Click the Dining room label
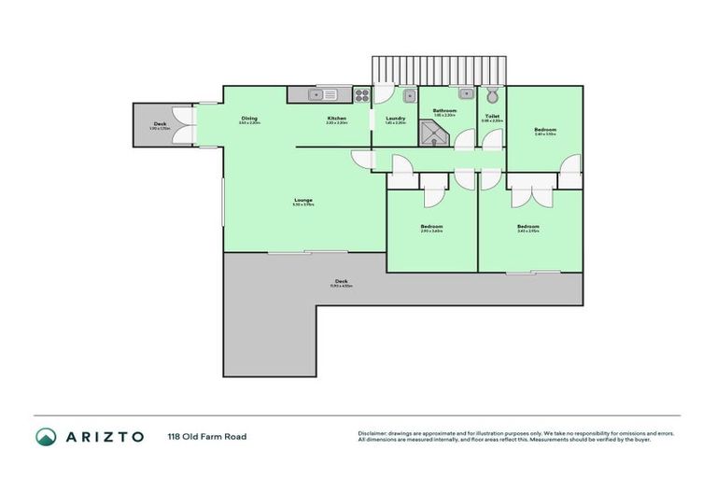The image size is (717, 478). (249, 119)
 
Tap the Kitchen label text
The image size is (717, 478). (337, 119)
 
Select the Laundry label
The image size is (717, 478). (395, 119)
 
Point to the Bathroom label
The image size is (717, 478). (444, 111)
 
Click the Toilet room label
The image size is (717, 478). (492, 117)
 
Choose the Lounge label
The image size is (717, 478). (303, 200)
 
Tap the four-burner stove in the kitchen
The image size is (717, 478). (361, 93)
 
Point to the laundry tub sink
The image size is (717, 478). (409, 94)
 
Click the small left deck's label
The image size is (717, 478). (160, 124)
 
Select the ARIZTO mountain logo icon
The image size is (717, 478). (46, 436)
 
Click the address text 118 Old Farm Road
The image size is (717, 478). (206, 436)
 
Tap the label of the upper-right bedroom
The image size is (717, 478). (545, 130)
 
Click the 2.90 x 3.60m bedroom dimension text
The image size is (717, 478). (431, 232)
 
